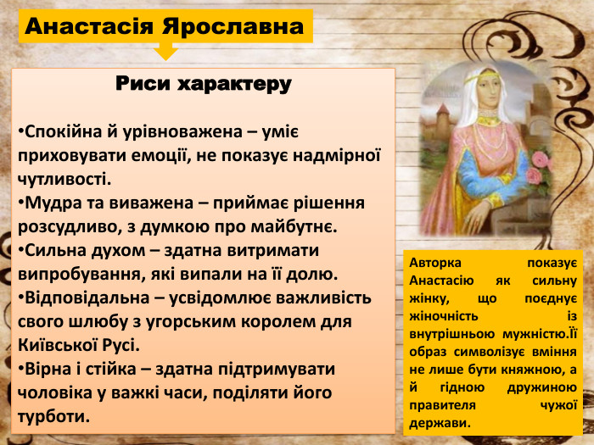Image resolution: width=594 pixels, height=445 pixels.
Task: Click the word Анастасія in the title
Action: click(87, 26)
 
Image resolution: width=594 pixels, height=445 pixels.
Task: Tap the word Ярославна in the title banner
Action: click(231, 26)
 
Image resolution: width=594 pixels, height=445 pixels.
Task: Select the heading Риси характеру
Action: click(203, 85)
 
